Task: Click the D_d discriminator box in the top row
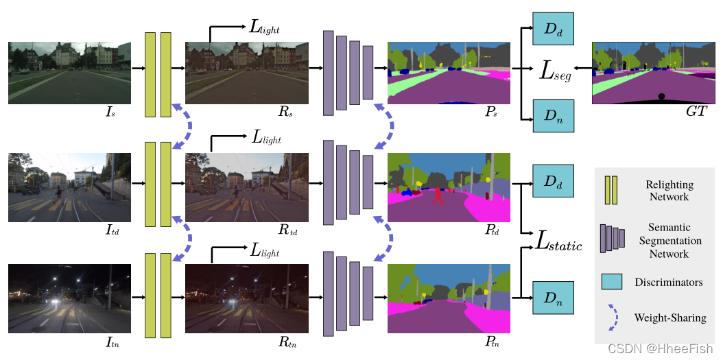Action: click(x=553, y=30)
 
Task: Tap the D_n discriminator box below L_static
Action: click(x=553, y=298)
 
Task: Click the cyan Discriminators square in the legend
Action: click(x=611, y=281)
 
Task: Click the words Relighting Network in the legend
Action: click(x=669, y=191)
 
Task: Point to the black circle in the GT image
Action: click(x=661, y=95)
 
